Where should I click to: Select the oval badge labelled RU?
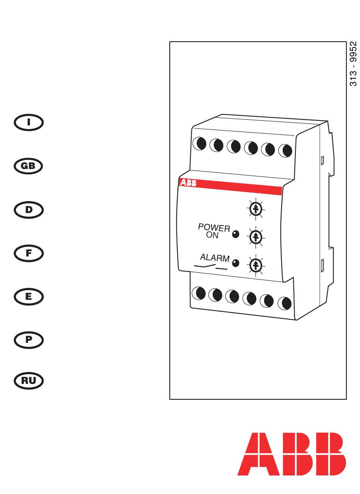29,381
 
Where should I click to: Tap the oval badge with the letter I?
29,122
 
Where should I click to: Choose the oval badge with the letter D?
29,210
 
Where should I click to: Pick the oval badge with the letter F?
29,253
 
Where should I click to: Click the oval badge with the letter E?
29,297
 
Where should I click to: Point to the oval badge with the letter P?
29,340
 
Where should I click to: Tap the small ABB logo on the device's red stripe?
188,183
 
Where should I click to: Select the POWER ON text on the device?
214,231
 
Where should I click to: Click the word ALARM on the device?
214,258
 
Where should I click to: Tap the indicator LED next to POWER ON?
236,234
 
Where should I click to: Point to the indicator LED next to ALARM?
236,263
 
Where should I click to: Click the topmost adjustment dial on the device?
256,209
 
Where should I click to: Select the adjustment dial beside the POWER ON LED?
256,237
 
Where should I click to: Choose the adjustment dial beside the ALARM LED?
256,265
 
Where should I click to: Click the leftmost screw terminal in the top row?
199,144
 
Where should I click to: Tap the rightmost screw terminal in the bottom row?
285,303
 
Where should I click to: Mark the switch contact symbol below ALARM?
210,266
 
